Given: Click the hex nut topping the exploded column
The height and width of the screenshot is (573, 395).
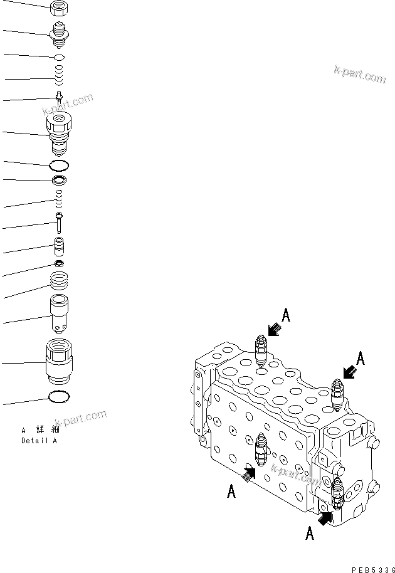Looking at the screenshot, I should (x=59, y=8).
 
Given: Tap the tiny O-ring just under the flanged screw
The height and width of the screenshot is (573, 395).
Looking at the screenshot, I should (x=59, y=58).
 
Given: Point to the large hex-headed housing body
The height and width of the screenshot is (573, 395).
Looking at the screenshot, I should (x=60, y=133).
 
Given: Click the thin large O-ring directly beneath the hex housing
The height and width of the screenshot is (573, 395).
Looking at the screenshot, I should (x=59, y=166).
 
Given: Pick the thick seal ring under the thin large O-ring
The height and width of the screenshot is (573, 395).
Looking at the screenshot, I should (x=59, y=181).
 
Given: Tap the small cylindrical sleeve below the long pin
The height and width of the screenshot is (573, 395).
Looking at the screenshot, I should (x=60, y=246).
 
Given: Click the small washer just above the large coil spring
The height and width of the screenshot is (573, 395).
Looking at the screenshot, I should (x=60, y=262).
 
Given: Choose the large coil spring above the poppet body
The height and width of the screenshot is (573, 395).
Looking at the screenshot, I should (x=60, y=281).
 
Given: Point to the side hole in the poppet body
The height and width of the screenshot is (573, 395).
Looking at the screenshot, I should (x=60, y=327).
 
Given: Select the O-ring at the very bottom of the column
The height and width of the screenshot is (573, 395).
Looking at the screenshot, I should (x=59, y=397).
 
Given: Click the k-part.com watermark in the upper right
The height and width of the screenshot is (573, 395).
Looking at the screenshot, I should (x=360, y=76).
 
